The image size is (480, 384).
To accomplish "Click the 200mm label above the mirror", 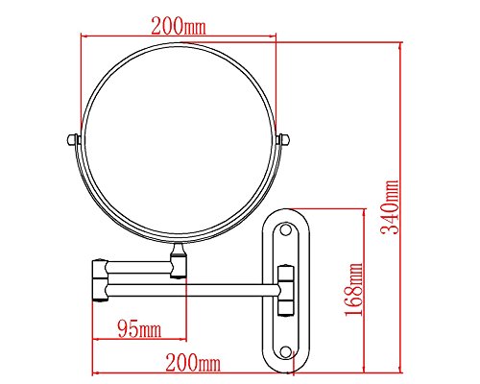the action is tap(179, 26).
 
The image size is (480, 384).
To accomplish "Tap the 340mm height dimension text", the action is tap(390, 207).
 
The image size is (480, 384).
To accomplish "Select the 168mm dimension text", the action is tap(354, 290).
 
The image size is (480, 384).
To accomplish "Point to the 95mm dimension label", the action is tap(139, 328).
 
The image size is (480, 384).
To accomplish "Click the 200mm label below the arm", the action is tap(193, 363).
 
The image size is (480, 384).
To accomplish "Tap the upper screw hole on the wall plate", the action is tap(285, 229).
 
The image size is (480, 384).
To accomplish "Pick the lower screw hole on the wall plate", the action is tap(285, 351).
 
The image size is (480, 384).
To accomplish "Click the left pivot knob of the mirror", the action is tap(73, 139).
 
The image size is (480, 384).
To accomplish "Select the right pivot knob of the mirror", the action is tap(283, 139).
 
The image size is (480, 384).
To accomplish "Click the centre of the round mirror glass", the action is tap(179, 141).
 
